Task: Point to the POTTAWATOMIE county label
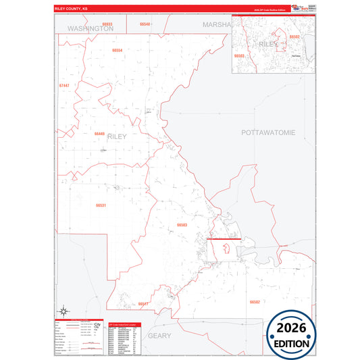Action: (268, 133)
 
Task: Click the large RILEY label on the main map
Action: (116, 136)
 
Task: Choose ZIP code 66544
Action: (145, 24)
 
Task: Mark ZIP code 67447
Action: (64, 86)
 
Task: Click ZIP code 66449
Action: (99, 134)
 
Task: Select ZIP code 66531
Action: (101, 205)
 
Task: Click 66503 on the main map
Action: (182, 225)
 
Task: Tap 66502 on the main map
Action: (254, 301)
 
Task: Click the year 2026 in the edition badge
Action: (292, 328)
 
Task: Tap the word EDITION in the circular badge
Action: (292, 343)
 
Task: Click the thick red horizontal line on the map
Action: (224, 239)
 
